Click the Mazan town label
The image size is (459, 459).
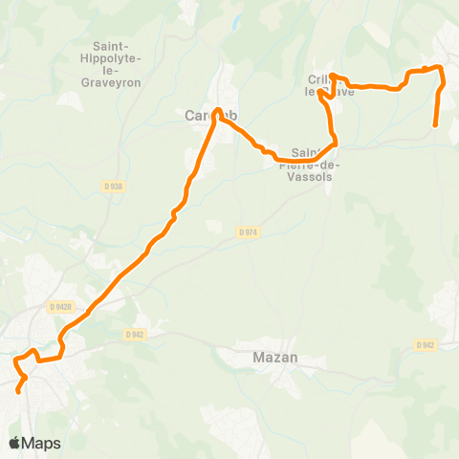pyautogui.click(x=249, y=358)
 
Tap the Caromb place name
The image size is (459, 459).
pyautogui.click(x=209, y=116)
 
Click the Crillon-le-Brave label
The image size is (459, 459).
pyautogui.click(x=331, y=85)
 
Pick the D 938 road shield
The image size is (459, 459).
pyautogui.click(x=112, y=186)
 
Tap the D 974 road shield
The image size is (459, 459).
pyautogui.click(x=247, y=231)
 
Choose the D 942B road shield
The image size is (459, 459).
pyautogui.click(x=59, y=307)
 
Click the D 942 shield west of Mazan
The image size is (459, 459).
pyautogui.click(x=134, y=335)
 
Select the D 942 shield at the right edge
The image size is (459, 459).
pyautogui.click(x=426, y=345)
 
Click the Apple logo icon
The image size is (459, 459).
pyautogui.click(x=14, y=443)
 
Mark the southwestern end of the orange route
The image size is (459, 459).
pyautogui.click(x=18, y=390)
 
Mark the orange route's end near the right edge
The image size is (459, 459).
pyautogui.click(x=436, y=124)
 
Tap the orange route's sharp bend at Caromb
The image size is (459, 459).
pyautogui.click(x=218, y=111)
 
